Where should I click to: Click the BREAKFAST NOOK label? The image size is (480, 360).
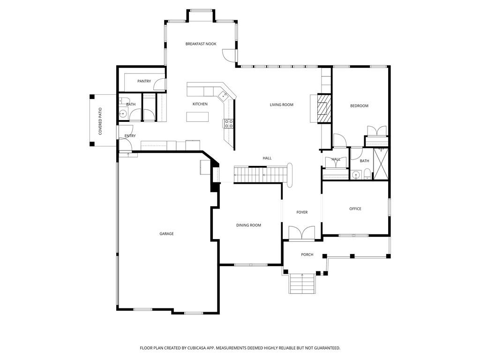[x=201, y=44]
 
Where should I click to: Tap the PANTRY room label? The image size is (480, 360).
[x=144, y=82]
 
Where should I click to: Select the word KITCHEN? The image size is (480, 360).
[x=200, y=104]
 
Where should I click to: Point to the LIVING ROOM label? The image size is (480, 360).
[x=281, y=105]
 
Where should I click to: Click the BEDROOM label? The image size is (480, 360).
[x=359, y=106]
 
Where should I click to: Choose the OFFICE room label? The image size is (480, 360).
[x=355, y=209]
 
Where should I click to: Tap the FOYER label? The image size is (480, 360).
[x=302, y=212]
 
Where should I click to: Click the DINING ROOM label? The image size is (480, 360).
[x=248, y=225]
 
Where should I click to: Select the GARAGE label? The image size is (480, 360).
[x=166, y=233]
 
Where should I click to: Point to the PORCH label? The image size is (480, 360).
[x=307, y=255]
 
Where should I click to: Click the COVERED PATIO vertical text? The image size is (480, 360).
[x=100, y=121]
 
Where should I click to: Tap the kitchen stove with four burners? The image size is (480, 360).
[x=228, y=124]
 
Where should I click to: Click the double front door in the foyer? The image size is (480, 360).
[x=302, y=232]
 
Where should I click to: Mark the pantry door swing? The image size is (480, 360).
[x=160, y=84]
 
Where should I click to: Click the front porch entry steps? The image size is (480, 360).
[x=301, y=284]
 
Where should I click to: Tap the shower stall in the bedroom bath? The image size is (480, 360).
[x=381, y=164]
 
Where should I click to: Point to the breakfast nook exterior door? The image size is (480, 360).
[x=228, y=56]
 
